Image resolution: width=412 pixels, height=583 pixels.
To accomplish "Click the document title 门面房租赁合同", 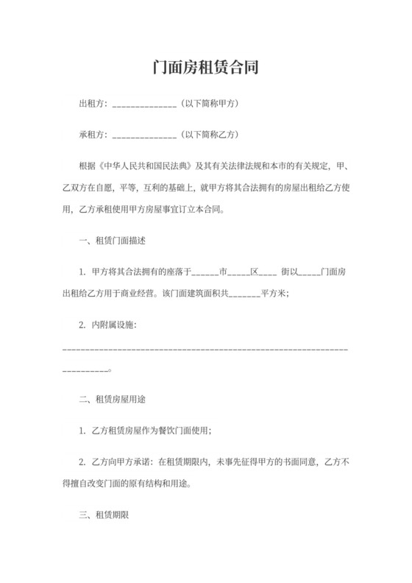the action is coord(205,68).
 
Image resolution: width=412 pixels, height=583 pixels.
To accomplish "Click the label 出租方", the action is coord(91,104).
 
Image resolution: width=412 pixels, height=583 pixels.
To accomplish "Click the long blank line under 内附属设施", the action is coord(205,346).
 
